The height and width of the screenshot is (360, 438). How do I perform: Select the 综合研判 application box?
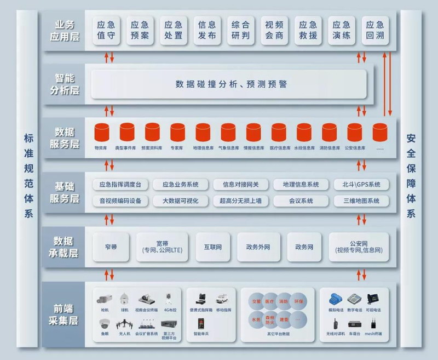[x=240, y=30]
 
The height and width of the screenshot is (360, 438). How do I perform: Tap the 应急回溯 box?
[x=375, y=30]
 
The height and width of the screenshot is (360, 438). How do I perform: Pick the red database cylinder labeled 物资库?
[x=101, y=133]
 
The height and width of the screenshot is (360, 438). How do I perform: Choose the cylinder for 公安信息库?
[x=355, y=133]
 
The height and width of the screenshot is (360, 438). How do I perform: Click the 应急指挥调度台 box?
[x=120, y=184]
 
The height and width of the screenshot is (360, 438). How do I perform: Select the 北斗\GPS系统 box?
[x=361, y=184]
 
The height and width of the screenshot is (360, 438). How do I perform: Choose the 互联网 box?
[x=212, y=247]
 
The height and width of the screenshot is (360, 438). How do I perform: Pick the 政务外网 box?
[x=258, y=247]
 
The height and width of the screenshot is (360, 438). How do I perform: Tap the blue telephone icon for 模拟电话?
[x=335, y=300]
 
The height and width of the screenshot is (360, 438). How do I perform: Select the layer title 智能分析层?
[x=67, y=84]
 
